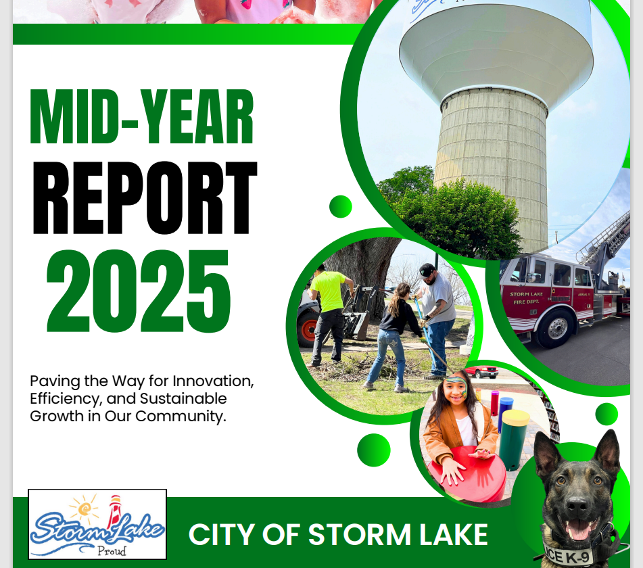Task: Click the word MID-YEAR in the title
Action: [x=142, y=116]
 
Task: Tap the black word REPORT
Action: [x=145, y=197]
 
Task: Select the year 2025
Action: [x=139, y=291]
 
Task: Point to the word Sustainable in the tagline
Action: [x=183, y=399]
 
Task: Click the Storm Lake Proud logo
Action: [x=97, y=524]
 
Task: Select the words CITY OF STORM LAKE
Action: [x=338, y=534]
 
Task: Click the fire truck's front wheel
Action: [x=556, y=328]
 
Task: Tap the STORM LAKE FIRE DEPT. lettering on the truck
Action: [x=526, y=298]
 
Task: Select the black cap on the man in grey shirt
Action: [x=426, y=270]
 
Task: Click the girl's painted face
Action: [x=456, y=389]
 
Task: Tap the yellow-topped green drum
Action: [x=515, y=440]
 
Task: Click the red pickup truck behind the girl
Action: [x=482, y=371]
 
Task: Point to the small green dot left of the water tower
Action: [x=340, y=206]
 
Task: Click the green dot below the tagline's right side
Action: [x=374, y=450]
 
